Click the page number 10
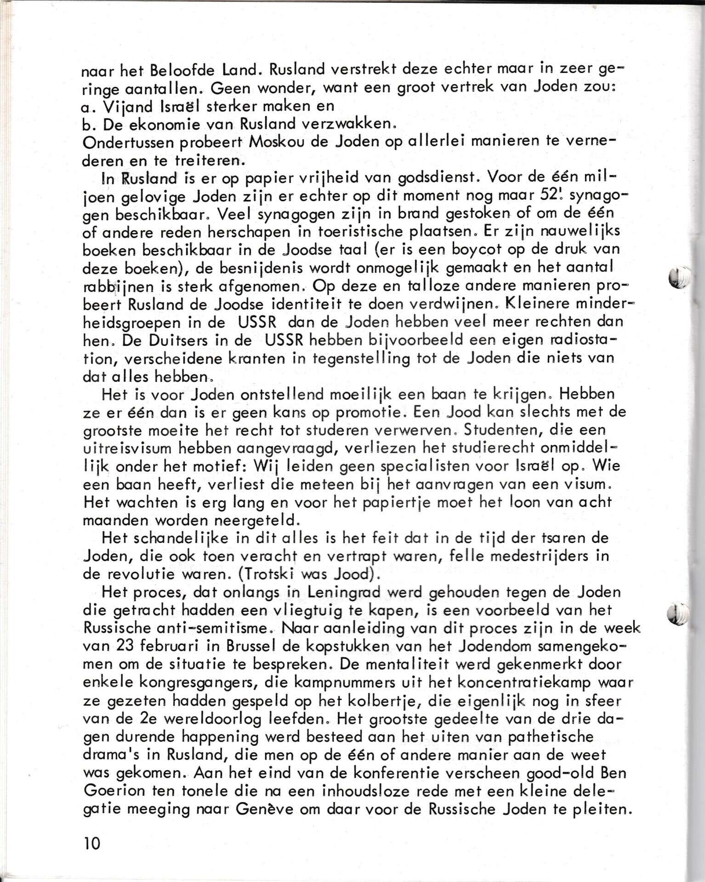tap(92, 843)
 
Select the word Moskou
tap(275, 142)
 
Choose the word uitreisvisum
tap(127, 449)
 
